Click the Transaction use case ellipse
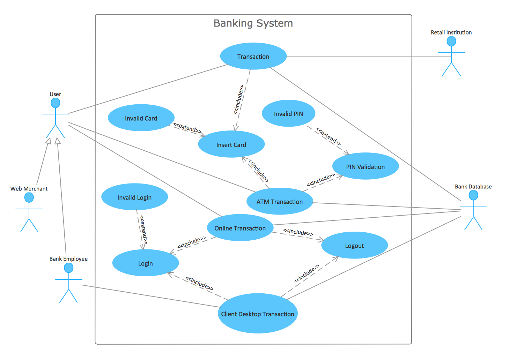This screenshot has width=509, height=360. pyautogui.click(x=253, y=57)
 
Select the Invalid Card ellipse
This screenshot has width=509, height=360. pyautogui.click(x=141, y=118)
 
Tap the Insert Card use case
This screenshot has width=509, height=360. pyautogui.click(x=231, y=145)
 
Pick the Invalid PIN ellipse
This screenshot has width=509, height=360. pyautogui.click(x=288, y=114)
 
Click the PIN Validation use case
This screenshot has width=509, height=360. pyautogui.click(x=365, y=167)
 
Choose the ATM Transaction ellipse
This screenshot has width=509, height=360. pyautogui.click(x=279, y=202)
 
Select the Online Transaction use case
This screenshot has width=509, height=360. pyautogui.click(x=240, y=228)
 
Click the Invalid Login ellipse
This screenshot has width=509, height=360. pyautogui.click(x=134, y=197)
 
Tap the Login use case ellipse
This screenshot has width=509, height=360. pyautogui.click(x=145, y=263)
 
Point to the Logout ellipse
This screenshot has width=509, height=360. pyautogui.click(x=354, y=246)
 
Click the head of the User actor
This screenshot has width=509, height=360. pyautogui.click(x=55, y=103)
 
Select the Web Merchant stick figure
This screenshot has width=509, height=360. pyautogui.click(x=29, y=212)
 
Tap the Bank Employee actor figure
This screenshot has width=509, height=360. pyautogui.click(x=69, y=283)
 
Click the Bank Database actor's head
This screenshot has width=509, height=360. pyautogui.click(x=473, y=195)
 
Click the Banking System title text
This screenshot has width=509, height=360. pyautogui.click(x=253, y=23)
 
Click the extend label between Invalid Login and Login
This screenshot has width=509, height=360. pyautogui.click(x=143, y=230)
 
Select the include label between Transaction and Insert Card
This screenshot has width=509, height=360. pyautogui.click(x=239, y=99)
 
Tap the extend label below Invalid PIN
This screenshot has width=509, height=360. pyautogui.click(x=328, y=136)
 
